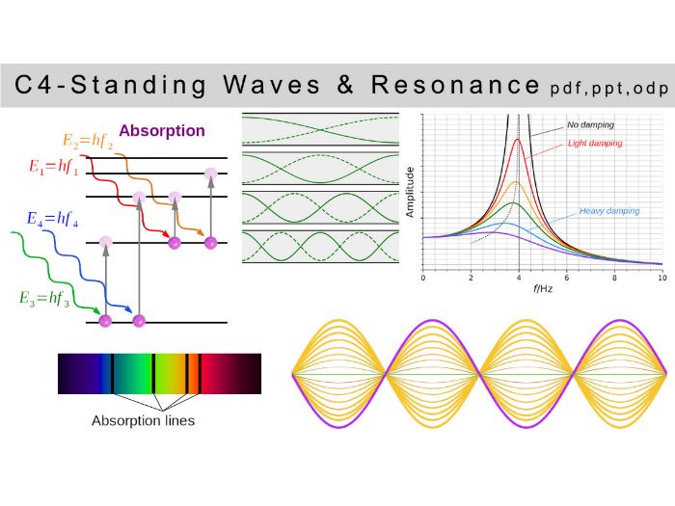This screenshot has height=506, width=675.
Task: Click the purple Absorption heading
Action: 162,131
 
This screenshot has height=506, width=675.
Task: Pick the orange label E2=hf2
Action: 88,141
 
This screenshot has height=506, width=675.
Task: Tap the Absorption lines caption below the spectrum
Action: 143,420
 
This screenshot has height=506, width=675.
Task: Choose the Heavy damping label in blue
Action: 608,210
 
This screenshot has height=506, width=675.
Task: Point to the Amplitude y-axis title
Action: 411,190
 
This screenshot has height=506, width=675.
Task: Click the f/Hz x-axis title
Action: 542,288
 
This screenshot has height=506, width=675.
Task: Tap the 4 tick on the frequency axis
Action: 519,277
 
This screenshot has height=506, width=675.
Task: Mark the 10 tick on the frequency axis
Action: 661,277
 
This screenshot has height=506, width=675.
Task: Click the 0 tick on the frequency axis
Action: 423,277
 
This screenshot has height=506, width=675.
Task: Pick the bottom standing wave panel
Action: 320,247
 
